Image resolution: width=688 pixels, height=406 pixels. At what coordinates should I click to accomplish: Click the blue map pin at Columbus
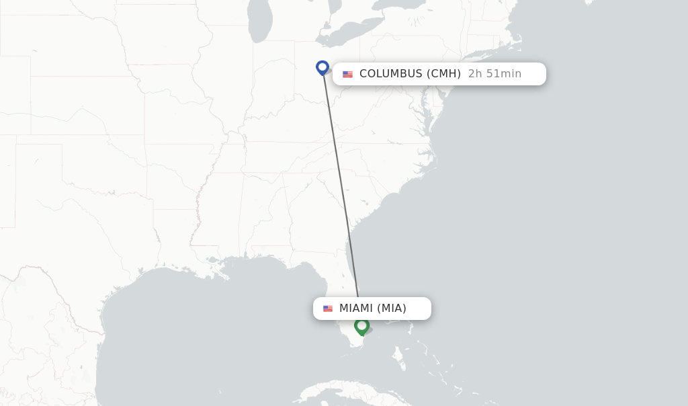tap(322, 67)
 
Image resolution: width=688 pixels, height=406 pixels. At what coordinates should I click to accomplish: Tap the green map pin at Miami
tap(362, 326)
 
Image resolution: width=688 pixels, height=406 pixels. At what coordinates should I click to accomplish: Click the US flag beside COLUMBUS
tap(347, 74)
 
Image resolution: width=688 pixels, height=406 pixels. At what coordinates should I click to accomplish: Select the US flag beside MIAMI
tap(328, 309)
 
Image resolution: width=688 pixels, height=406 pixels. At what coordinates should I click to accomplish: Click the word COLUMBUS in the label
tap(390, 74)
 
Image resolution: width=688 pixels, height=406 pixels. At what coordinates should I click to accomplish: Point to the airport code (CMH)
tap(443, 74)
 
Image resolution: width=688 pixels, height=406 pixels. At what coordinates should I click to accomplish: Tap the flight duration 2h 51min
tap(494, 74)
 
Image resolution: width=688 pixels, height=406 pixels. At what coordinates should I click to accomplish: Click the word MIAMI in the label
tap(355, 309)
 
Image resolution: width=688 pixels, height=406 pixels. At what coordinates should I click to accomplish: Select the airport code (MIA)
tap(392, 309)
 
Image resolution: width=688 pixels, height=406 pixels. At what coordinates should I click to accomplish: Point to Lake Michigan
tap(259, 24)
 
